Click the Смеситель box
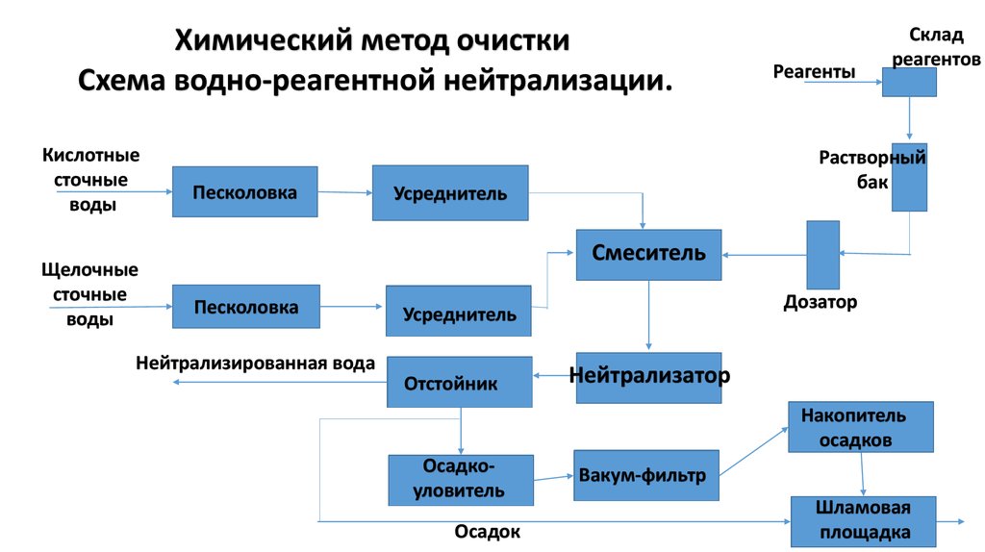tap(648, 255)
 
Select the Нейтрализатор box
tap(648, 376)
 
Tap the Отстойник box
tap(460, 382)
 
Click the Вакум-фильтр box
tap(646, 475)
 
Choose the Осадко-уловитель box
tap(460, 480)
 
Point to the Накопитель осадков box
tap(861, 427)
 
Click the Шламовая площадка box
tap(863, 520)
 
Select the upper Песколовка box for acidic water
tap(244, 191)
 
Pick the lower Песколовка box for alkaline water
tap(245, 307)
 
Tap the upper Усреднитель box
tap(450, 192)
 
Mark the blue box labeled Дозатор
tap(822, 255)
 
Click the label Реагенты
tap(814, 72)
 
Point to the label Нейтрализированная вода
tap(255, 364)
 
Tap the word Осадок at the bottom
tap(487, 531)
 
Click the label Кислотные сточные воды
tap(91, 180)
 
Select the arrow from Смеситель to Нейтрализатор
tap(648, 315)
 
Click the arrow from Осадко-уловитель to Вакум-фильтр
tap(553, 477)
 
